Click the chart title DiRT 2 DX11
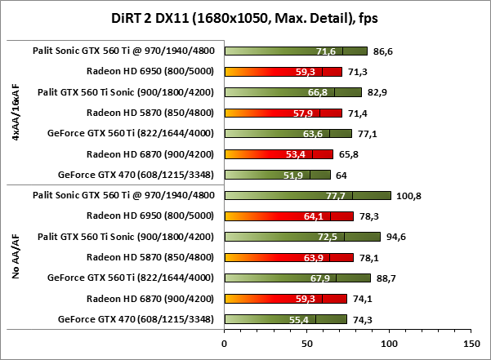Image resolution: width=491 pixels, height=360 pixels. pos(245,16)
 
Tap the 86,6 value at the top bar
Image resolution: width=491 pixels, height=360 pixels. pos(385,51)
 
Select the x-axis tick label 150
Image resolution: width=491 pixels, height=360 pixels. pos(471,333)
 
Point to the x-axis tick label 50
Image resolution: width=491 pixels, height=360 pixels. pos(306,333)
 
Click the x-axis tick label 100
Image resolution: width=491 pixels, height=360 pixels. pos(388,333)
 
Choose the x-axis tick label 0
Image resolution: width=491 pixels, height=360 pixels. pos(225,333)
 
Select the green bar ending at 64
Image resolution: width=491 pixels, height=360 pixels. pos(277,174)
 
